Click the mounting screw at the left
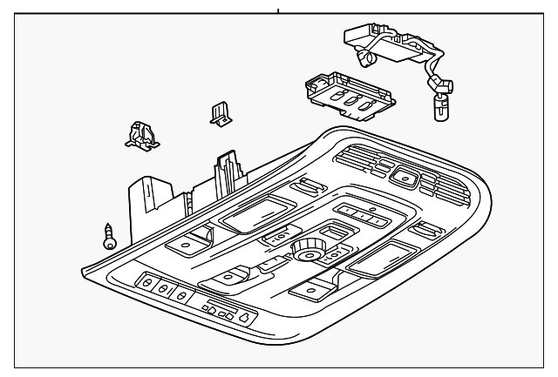coord(109,236)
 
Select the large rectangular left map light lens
coord(255,212)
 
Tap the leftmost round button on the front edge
coord(146,284)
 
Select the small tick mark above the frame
coord(278,10)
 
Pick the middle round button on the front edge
coord(162,290)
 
